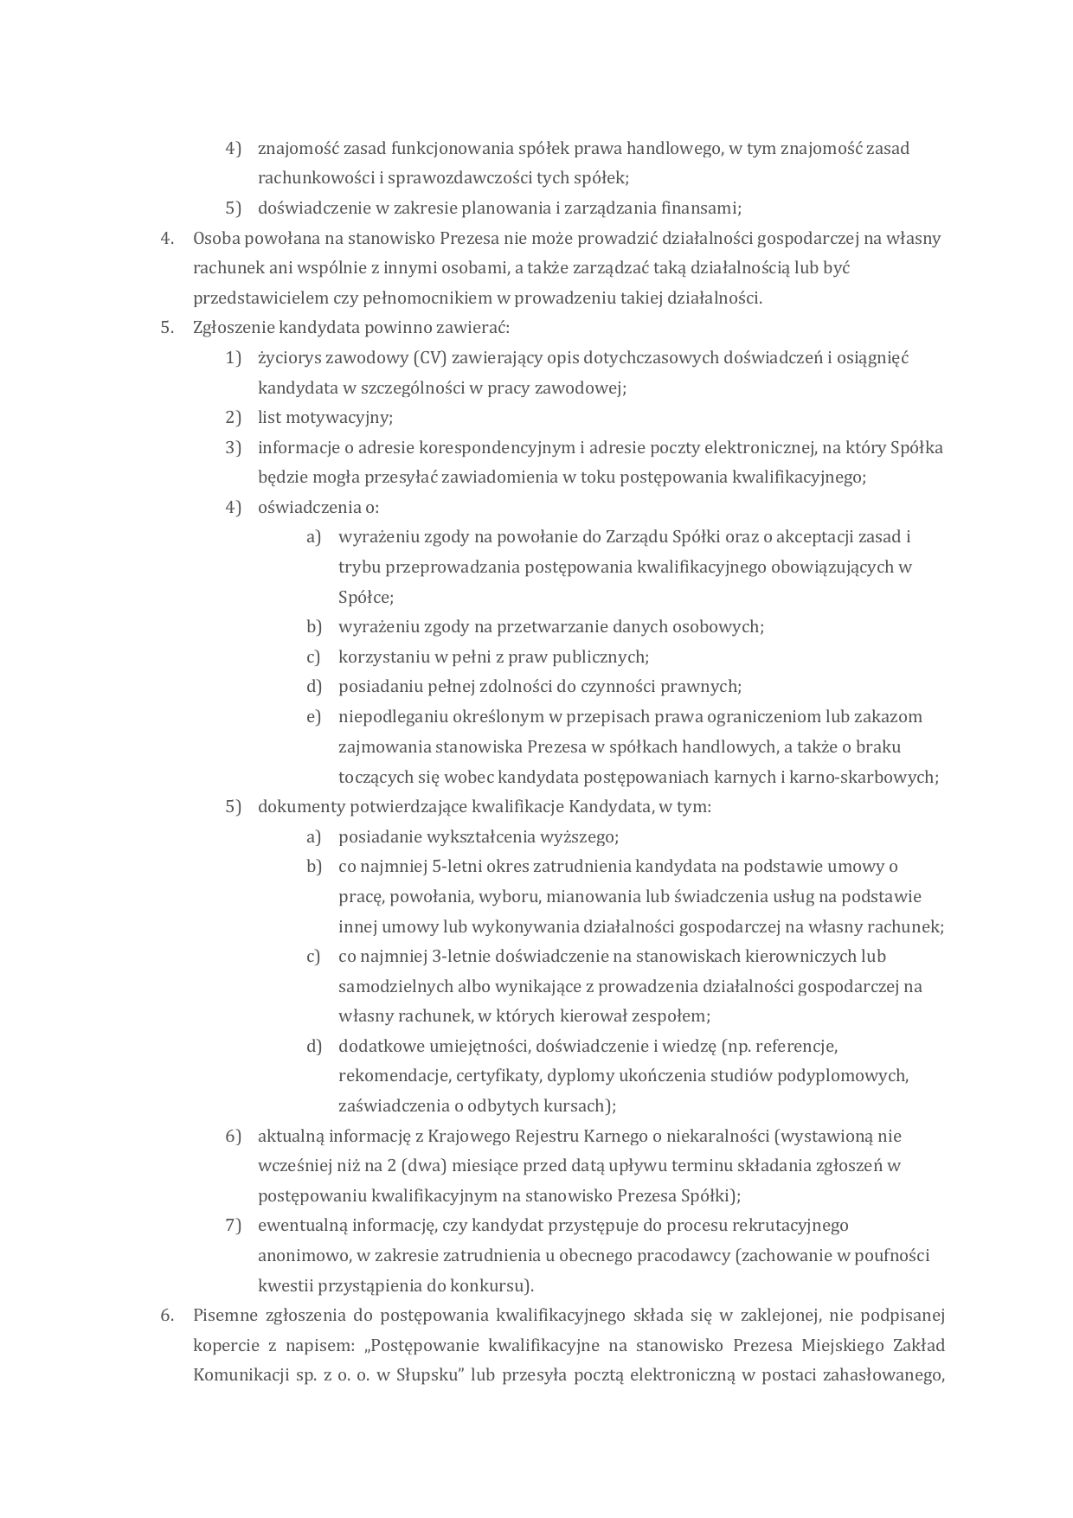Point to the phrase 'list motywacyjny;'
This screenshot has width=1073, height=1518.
coord(325,418)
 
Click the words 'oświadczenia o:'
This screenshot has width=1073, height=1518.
coord(318,508)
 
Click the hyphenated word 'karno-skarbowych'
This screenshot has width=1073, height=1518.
coord(872,777)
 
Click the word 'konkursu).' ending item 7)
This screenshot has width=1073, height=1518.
coord(492,1285)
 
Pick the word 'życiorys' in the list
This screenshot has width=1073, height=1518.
coord(291,358)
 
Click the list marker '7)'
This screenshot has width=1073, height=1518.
coord(233,1226)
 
